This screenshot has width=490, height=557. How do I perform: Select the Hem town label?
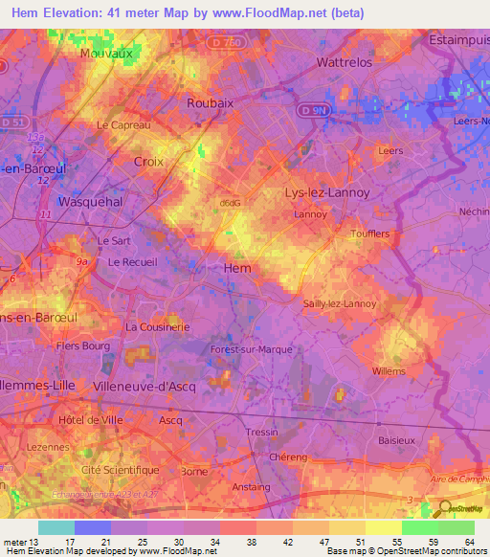pyautogui.click(x=236, y=268)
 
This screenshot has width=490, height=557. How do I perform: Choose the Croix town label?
pyautogui.click(x=148, y=162)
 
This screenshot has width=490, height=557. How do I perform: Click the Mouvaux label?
pyautogui.click(x=106, y=55)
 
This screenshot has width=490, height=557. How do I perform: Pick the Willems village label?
pyautogui.click(x=389, y=370)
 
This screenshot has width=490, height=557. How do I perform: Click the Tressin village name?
pyautogui.click(x=260, y=432)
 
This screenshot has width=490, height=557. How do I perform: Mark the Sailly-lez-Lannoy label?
pyautogui.click(x=340, y=303)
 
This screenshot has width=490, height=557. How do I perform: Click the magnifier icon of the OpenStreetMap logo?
pyautogui.click(x=445, y=508)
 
